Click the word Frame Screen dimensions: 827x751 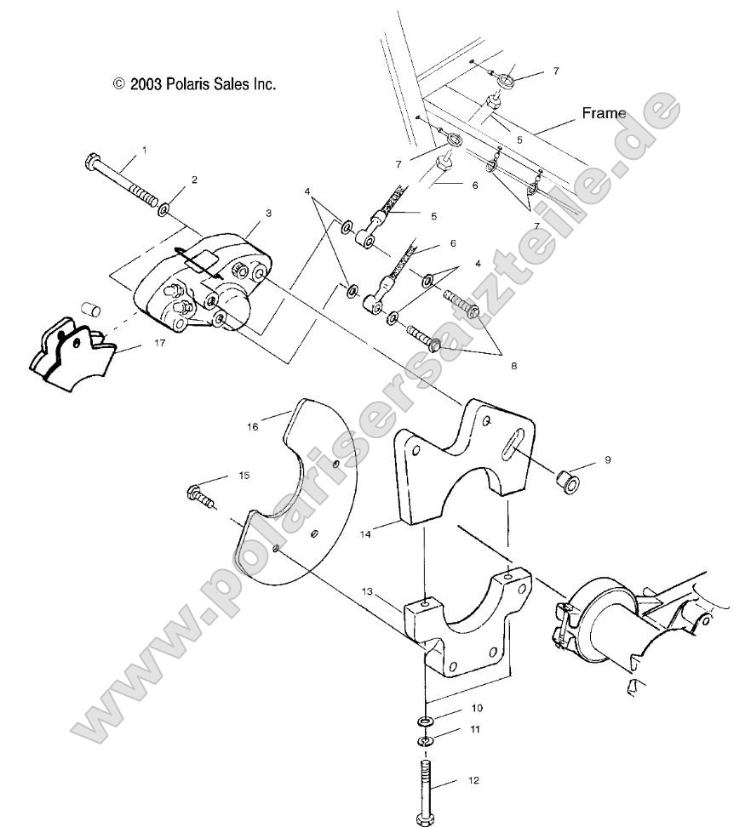tap(604, 112)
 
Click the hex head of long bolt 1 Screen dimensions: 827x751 tap(94, 161)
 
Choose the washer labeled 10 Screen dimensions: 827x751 tap(426, 721)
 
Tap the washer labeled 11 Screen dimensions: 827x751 tap(426, 742)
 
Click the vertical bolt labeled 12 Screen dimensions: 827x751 tap(426, 787)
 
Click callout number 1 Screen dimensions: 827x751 tap(144, 150)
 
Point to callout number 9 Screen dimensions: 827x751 tap(608, 459)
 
